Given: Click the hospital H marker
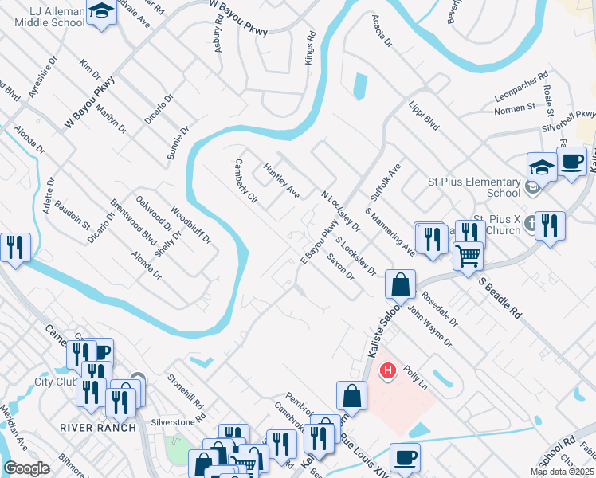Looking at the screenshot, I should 388,370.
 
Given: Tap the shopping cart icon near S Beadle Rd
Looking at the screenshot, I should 468,255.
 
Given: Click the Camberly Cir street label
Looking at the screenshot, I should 245,180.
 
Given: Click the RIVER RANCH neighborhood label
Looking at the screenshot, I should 93,427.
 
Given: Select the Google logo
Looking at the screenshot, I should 26,468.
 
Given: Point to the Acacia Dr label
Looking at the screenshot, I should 382,32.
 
